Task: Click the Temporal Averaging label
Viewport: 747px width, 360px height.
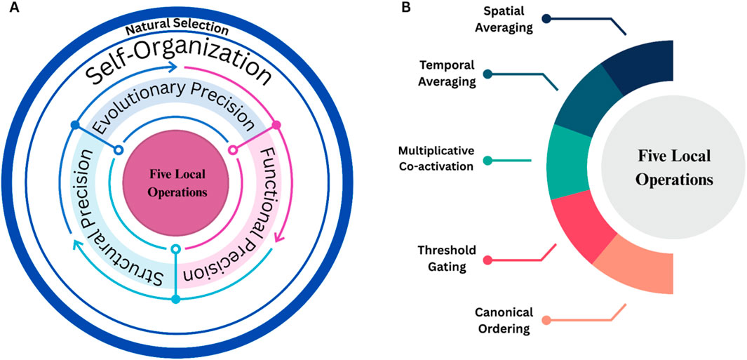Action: click(x=447, y=73)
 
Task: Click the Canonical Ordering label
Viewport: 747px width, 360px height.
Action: click(x=504, y=319)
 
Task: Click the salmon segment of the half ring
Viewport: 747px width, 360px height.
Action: click(x=635, y=265)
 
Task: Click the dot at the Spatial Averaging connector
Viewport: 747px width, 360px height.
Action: click(x=546, y=19)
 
